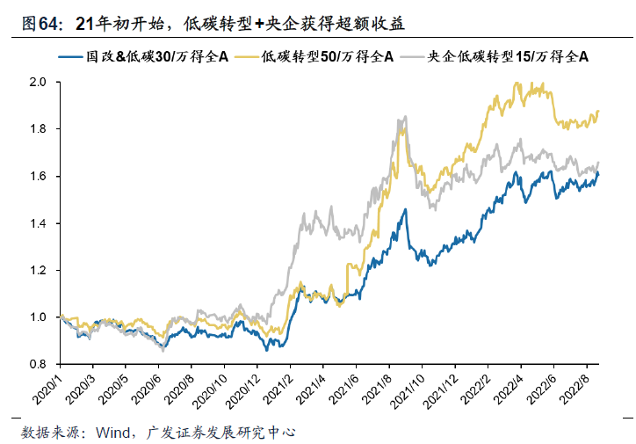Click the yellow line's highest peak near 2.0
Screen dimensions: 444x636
517,84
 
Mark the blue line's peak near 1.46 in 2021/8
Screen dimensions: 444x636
405,209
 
